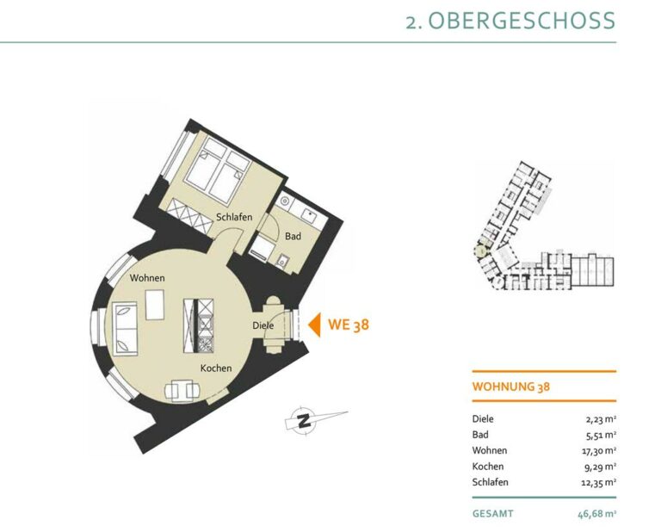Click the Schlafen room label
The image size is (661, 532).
click(234, 217)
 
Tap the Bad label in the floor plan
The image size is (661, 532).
click(293, 236)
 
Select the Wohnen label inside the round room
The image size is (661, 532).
click(147, 278)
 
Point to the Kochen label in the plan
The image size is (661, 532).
click(216, 368)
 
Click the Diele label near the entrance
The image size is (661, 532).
click(263, 325)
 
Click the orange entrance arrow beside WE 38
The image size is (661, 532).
click(314, 325)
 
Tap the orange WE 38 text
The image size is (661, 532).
click(349, 325)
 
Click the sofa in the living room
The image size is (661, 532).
click(125, 329)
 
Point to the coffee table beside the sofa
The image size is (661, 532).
click(155, 305)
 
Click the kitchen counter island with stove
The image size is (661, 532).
click(199, 326)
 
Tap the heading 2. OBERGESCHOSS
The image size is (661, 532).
click(510, 21)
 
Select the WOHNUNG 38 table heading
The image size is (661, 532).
click(511, 387)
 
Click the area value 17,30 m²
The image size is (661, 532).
click(599, 450)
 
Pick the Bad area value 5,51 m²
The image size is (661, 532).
click(601, 435)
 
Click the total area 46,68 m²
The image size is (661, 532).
click(597, 514)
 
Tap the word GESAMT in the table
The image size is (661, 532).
click(493, 514)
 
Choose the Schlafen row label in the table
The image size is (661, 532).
click(491, 482)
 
